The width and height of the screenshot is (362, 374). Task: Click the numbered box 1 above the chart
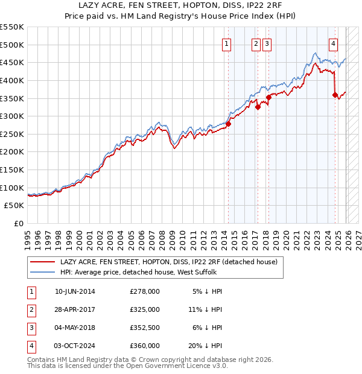tap(226, 43)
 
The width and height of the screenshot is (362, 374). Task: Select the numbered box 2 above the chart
tap(256, 43)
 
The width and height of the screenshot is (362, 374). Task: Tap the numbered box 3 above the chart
tap(267, 43)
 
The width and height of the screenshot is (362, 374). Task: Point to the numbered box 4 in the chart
tap(333, 43)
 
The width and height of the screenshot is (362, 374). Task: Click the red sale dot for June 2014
tap(228, 124)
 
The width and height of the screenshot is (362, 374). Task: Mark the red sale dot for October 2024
tap(335, 95)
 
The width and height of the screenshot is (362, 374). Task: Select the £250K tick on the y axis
tap(12, 134)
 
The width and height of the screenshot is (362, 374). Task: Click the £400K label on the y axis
tap(12, 80)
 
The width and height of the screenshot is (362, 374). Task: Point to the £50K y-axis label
tap(14, 206)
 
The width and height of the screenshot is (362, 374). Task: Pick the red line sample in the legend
tap(42, 262)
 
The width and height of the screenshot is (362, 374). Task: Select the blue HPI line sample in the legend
tap(42, 273)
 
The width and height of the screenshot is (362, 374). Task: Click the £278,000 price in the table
tap(145, 291)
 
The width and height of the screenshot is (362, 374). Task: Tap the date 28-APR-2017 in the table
tap(75, 309)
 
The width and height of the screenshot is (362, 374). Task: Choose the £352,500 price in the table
tap(145, 328)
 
